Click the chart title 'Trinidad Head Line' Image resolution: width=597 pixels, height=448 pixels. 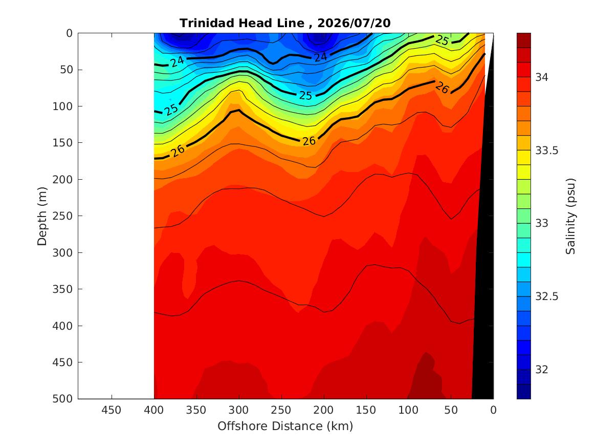[242, 23]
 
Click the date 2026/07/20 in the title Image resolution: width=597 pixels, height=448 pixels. [353, 23]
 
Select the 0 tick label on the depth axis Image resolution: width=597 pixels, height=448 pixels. [69, 33]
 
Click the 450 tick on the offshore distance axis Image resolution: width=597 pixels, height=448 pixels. [111, 410]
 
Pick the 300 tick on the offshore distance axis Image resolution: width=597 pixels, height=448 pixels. [239, 410]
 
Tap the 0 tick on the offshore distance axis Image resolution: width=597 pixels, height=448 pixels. [494, 410]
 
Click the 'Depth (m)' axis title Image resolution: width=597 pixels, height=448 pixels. [42, 216]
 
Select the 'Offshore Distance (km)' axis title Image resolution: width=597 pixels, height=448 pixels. [285, 426]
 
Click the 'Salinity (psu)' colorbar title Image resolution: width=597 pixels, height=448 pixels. [570, 216]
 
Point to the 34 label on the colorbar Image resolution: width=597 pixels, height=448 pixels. [542, 77]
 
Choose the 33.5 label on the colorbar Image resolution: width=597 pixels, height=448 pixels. [547, 151]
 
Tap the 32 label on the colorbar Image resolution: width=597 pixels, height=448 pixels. [542, 370]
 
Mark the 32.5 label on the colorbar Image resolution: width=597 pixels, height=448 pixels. [547, 296]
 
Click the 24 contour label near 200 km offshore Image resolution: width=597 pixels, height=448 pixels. [321, 57]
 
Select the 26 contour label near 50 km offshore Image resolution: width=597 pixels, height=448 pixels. [443, 88]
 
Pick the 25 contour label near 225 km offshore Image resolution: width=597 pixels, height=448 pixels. [305, 95]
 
